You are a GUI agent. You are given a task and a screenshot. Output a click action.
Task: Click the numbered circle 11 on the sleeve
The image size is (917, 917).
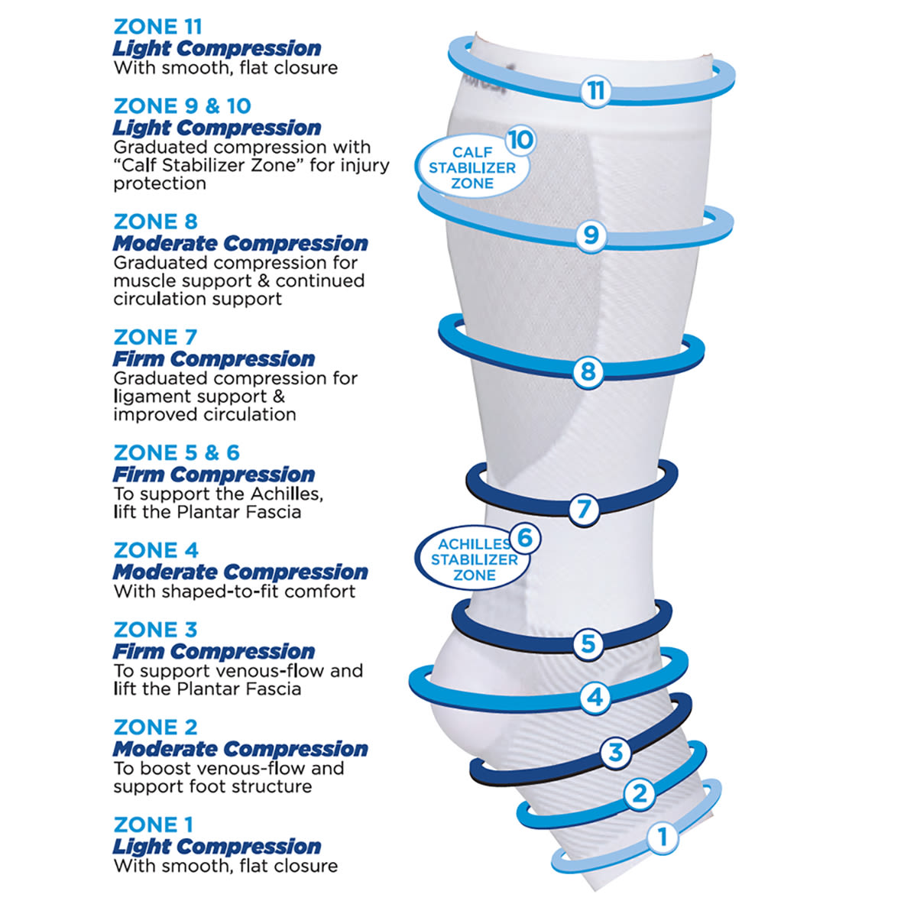[x=596, y=90]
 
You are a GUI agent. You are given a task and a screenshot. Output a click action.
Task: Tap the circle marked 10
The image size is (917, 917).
[x=520, y=140]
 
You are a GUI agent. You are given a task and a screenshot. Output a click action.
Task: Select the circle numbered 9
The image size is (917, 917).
[x=591, y=235]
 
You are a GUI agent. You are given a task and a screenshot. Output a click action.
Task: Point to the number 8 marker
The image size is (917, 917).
[x=588, y=371]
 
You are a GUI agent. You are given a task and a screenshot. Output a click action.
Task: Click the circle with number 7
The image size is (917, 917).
[x=584, y=509]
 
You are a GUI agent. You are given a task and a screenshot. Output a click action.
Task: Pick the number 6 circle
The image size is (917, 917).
[x=525, y=538]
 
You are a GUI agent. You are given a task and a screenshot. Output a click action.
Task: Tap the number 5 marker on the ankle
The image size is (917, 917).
[x=588, y=644]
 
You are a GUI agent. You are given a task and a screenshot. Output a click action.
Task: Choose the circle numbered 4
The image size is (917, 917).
[x=595, y=698]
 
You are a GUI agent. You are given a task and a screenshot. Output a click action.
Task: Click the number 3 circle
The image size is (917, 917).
[x=616, y=753]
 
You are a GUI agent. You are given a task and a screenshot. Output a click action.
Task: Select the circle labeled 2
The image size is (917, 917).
[x=640, y=794]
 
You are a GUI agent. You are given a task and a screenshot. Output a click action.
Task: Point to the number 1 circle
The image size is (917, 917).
[x=663, y=837]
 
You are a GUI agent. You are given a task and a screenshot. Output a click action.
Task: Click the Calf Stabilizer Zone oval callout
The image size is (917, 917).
[x=471, y=167]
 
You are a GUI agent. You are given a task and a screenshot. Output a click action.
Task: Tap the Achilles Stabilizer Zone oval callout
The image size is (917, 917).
[x=474, y=559]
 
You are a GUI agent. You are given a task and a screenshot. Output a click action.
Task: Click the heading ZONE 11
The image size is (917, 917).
[x=158, y=27]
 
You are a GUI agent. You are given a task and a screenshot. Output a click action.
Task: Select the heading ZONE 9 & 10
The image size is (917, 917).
[x=183, y=106]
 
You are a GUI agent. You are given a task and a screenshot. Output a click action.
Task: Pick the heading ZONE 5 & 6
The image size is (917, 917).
[x=177, y=452]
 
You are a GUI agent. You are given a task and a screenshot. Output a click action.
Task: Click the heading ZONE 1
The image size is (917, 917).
[x=154, y=825]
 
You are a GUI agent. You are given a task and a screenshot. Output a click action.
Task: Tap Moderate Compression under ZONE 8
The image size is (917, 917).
[x=240, y=243]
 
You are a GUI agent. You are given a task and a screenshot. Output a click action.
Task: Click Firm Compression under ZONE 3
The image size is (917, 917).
[x=214, y=652]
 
